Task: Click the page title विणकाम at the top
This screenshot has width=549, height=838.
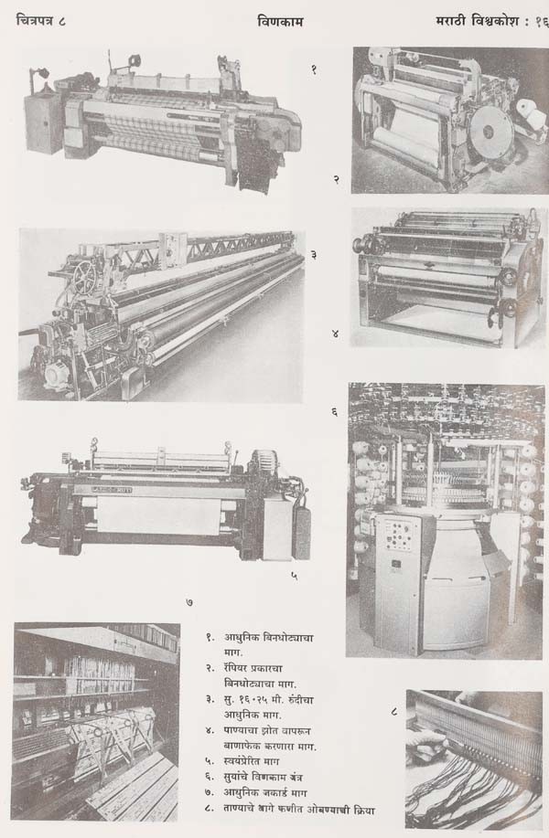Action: tap(280, 22)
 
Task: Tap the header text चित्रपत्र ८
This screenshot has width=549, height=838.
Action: tap(41, 21)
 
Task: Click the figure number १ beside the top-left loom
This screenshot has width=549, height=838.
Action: tap(314, 69)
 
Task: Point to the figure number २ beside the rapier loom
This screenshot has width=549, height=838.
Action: tap(336, 179)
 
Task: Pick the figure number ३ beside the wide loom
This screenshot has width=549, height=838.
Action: tap(314, 255)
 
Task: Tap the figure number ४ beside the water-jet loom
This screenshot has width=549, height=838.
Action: tap(335, 334)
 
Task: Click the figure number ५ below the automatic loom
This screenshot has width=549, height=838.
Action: tap(295, 576)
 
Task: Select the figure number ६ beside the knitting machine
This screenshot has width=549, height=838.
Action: tap(334, 411)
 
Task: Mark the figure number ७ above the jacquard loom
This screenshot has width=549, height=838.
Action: tap(189, 602)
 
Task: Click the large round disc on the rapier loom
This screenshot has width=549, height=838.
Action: tap(487, 130)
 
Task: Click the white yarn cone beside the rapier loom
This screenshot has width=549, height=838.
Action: tap(531, 114)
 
